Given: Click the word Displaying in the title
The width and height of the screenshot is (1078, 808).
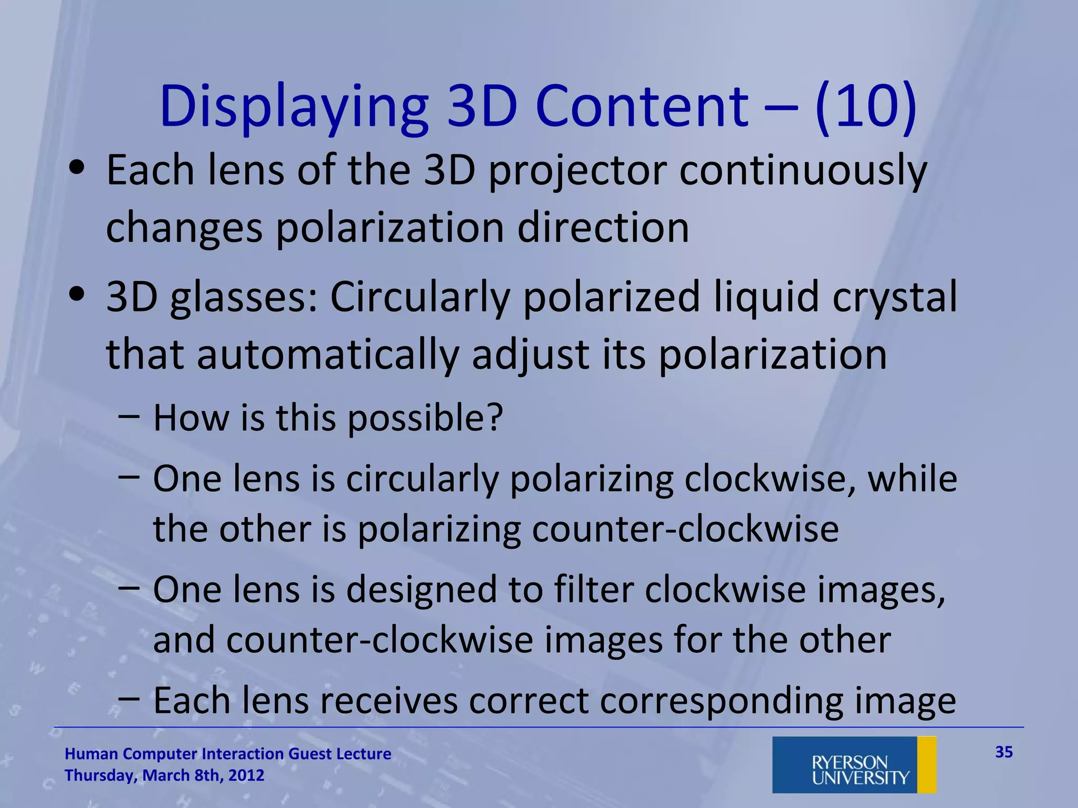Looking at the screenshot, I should tap(294, 108).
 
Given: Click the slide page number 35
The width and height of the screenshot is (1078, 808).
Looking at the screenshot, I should tap(1004, 752).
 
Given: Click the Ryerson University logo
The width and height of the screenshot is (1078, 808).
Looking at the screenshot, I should tap(854, 764).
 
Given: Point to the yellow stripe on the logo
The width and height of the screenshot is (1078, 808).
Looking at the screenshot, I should tap(927, 764).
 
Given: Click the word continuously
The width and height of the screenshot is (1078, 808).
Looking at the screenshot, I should tap(803, 171).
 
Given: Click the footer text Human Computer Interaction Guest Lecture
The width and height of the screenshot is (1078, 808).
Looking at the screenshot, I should tap(228, 754).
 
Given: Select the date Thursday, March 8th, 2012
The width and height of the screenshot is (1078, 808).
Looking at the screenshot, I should tap(164, 775).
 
